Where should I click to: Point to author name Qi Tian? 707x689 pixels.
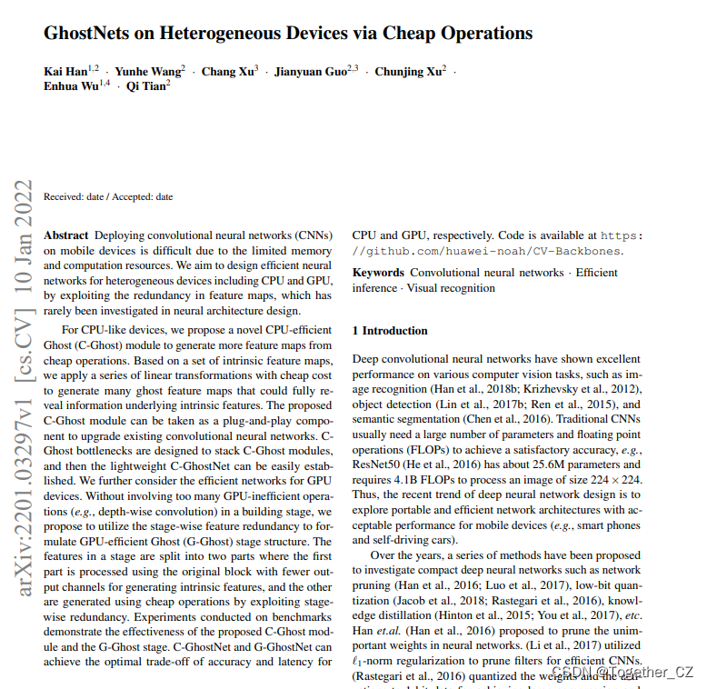pos(145,88)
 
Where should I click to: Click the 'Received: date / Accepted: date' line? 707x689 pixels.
pos(108,196)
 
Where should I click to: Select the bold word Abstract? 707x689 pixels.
pos(66,235)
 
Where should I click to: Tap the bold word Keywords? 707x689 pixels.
pos(377,273)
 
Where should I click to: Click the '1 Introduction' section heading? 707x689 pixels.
pos(390,331)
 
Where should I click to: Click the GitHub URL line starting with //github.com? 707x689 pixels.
pos(487,251)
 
